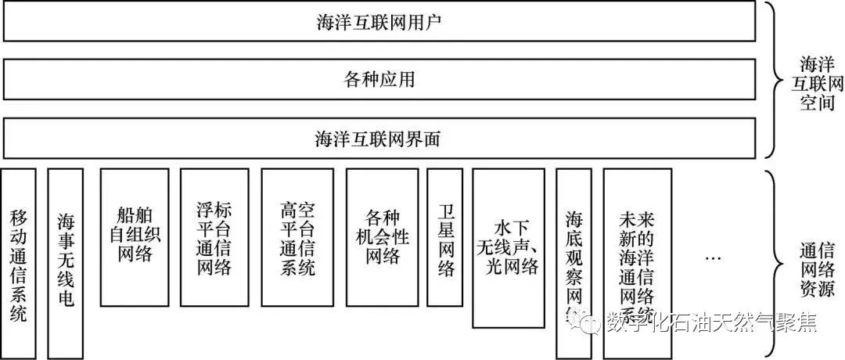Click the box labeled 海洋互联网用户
[x=379, y=22]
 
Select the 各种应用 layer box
[x=379, y=79]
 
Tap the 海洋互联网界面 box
[x=379, y=139]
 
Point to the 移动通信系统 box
[x=19, y=263]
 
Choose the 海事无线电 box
[x=66, y=263]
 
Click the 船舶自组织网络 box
[x=135, y=236]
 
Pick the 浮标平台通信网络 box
[x=214, y=236]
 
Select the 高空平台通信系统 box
[x=297, y=236]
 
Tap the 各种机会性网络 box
[x=382, y=236]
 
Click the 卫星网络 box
[x=445, y=236]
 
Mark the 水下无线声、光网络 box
[x=507, y=247]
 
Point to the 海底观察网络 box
[x=574, y=263]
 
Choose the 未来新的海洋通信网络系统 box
[x=637, y=263]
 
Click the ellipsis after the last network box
[x=712, y=257]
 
